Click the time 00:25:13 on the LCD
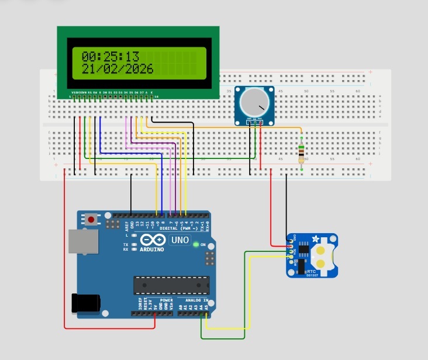click(x=111, y=57)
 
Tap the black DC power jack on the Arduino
click(x=83, y=303)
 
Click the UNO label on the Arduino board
click(x=179, y=240)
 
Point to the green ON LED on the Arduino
click(x=195, y=245)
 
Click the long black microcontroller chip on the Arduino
click(x=171, y=285)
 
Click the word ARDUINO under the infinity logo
click(x=151, y=249)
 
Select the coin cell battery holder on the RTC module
click(x=322, y=255)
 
